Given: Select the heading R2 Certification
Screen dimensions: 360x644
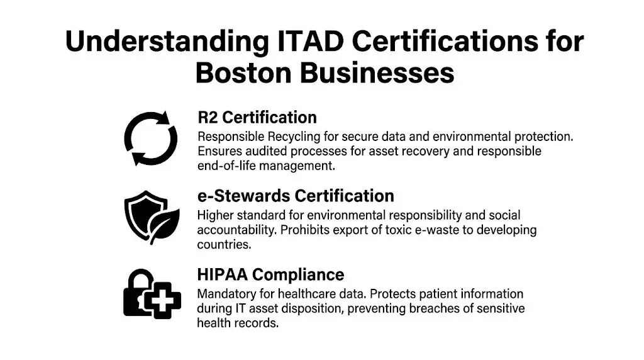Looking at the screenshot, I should pyautogui.click(x=257, y=118).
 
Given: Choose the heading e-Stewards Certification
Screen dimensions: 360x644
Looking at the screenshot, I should pyautogui.click(x=296, y=196).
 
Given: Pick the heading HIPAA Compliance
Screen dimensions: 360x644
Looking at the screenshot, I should pyautogui.click(x=270, y=275).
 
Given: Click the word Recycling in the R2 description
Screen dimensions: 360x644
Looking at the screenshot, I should pyautogui.click(x=286, y=137).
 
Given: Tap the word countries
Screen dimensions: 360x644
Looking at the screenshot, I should pyautogui.click(x=224, y=245).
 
